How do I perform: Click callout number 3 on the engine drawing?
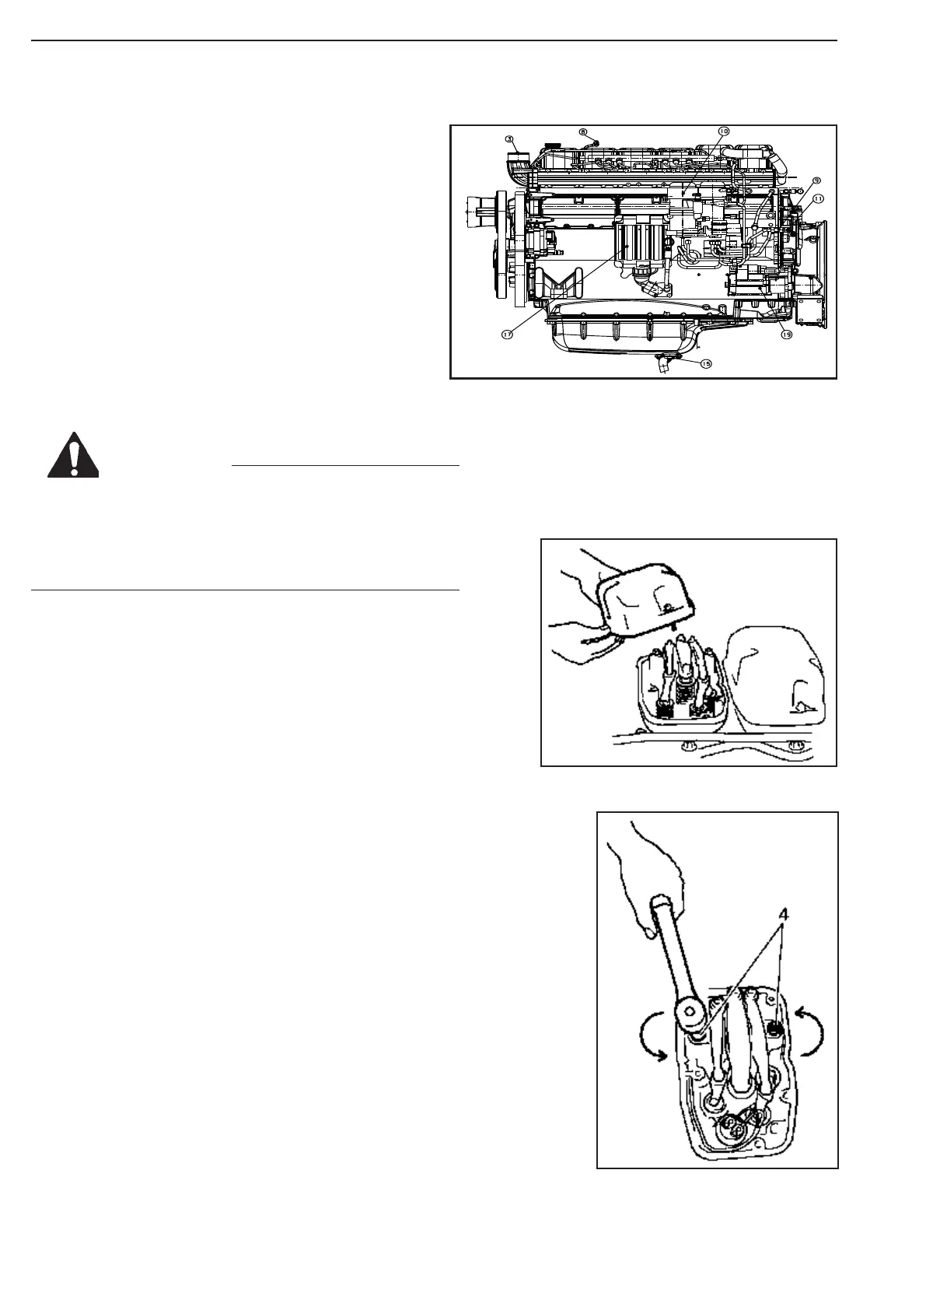pyautogui.click(x=509, y=139)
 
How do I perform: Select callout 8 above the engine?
pyautogui.click(x=583, y=132)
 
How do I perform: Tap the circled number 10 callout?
pyautogui.click(x=723, y=131)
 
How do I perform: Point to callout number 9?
pyautogui.click(x=816, y=180)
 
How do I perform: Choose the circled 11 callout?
pyautogui.click(x=817, y=199)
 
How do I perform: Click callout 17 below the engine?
pyautogui.click(x=506, y=335)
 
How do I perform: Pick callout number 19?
pyautogui.click(x=786, y=335)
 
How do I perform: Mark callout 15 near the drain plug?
pyautogui.click(x=705, y=363)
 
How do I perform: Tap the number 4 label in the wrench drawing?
pyautogui.click(x=784, y=916)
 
